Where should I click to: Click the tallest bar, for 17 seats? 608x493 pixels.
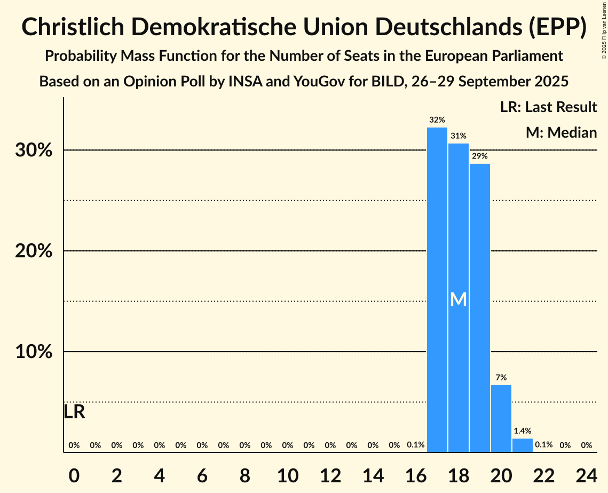(x=437, y=290)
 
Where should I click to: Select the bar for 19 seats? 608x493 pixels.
(x=480, y=308)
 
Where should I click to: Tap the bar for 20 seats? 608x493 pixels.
(x=501, y=418)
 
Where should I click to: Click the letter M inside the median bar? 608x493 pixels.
(x=459, y=300)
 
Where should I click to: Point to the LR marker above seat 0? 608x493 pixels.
(x=74, y=412)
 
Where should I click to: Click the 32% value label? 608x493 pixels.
(x=437, y=120)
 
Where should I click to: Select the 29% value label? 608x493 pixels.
(x=480, y=156)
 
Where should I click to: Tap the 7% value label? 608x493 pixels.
(x=501, y=378)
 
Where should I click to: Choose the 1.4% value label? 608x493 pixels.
(x=523, y=431)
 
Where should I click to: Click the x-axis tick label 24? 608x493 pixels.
(x=587, y=474)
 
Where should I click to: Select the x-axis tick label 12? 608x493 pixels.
(x=330, y=474)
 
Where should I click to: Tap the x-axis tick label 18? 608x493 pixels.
(x=459, y=474)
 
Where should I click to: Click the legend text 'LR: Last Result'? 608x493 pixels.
(x=548, y=107)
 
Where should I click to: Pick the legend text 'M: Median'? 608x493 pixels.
(x=561, y=132)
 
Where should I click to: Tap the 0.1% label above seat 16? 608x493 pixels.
(x=416, y=445)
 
